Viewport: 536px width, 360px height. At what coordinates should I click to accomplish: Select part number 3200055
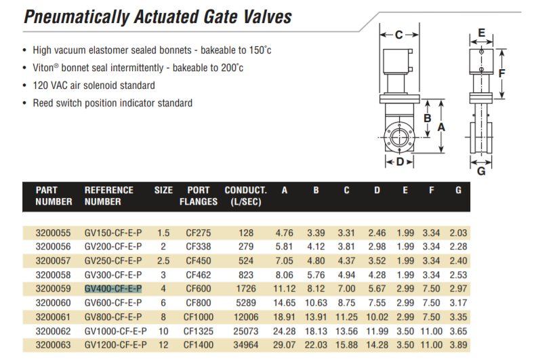tap(54, 233)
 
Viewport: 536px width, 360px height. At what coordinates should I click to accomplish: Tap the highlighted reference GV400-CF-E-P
tap(113, 288)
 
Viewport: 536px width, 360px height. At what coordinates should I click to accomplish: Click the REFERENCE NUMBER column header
tap(109, 195)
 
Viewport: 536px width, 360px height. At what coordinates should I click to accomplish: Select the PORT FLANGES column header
tap(199, 195)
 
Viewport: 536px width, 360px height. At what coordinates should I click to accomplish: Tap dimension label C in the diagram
tap(399, 35)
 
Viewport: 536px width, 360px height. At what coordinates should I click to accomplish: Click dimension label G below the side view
tap(481, 171)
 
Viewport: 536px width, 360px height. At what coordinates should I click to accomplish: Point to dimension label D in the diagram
tap(400, 162)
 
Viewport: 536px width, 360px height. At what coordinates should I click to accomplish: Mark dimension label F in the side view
tap(501, 72)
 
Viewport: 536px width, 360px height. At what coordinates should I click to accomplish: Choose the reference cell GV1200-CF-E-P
tap(115, 345)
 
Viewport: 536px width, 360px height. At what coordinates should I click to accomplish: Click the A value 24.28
tap(285, 332)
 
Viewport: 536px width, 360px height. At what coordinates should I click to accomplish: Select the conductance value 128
tap(246, 233)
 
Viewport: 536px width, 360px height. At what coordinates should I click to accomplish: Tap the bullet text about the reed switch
tap(112, 103)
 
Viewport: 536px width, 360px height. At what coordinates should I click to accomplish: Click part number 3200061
tap(54, 317)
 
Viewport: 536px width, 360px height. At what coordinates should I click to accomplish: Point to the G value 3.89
tap(458, 345)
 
